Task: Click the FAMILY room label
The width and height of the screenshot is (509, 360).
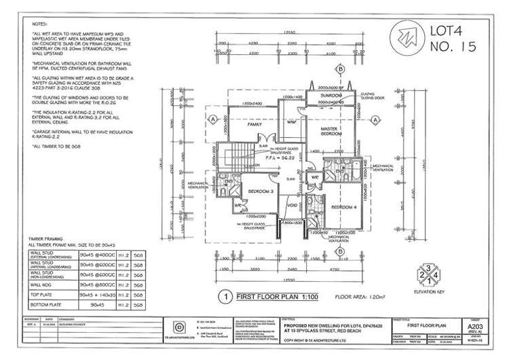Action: pyautogui.click(x=254, y=126)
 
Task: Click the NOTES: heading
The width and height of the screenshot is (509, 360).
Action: pyautogui.click(x=40, y=22)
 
